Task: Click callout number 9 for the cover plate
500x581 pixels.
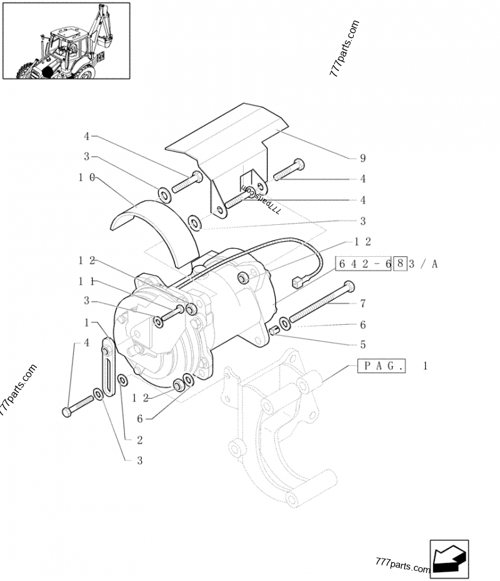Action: point(363,158)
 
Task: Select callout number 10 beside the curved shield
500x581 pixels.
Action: point(87,177)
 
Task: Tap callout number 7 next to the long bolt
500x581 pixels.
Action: point(363,304)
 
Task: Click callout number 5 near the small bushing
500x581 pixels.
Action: point(363,345)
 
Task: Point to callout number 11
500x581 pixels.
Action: point(86,282)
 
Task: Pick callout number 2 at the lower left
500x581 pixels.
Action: point(140,440)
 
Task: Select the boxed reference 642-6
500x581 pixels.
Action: point(363,264)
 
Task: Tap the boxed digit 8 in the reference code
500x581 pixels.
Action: point(400,264)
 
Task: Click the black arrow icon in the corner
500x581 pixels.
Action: point(449,559)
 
